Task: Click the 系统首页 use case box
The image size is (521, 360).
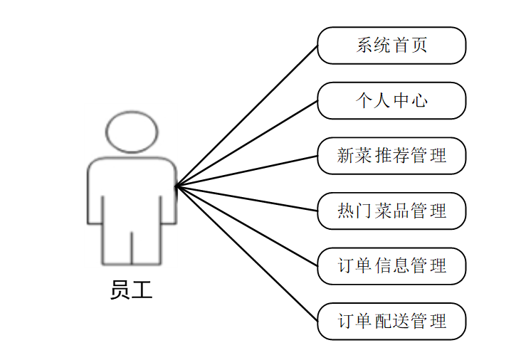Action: click(391, 46)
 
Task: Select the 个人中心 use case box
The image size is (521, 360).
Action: click(391, 100)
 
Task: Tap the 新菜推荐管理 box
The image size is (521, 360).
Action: click(391, 156)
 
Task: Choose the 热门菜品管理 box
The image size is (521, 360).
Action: click(391, 211)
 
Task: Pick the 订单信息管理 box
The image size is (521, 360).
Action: click(391, 266)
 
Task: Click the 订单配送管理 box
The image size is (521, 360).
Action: click(391, 321)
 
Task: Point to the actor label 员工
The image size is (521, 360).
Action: click(131, 290)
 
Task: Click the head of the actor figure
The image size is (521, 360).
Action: click(131, 131)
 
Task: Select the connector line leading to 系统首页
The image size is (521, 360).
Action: click(246, 116)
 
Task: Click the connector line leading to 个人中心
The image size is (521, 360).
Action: click(246, 144)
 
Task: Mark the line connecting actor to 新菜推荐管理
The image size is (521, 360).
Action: click(246, 171)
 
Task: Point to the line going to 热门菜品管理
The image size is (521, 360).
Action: click(246, 198)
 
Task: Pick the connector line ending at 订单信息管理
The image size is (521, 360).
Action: click(246, 226)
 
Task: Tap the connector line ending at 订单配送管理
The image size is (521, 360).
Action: click(246, 254)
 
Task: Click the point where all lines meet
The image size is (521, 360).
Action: click(176, 186)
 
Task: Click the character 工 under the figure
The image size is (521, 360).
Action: click(142, 290)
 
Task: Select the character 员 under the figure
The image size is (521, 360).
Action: click(120, 290)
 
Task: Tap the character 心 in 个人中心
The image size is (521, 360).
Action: click(420, 100)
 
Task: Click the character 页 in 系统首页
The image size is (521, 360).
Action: click(420, 46)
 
